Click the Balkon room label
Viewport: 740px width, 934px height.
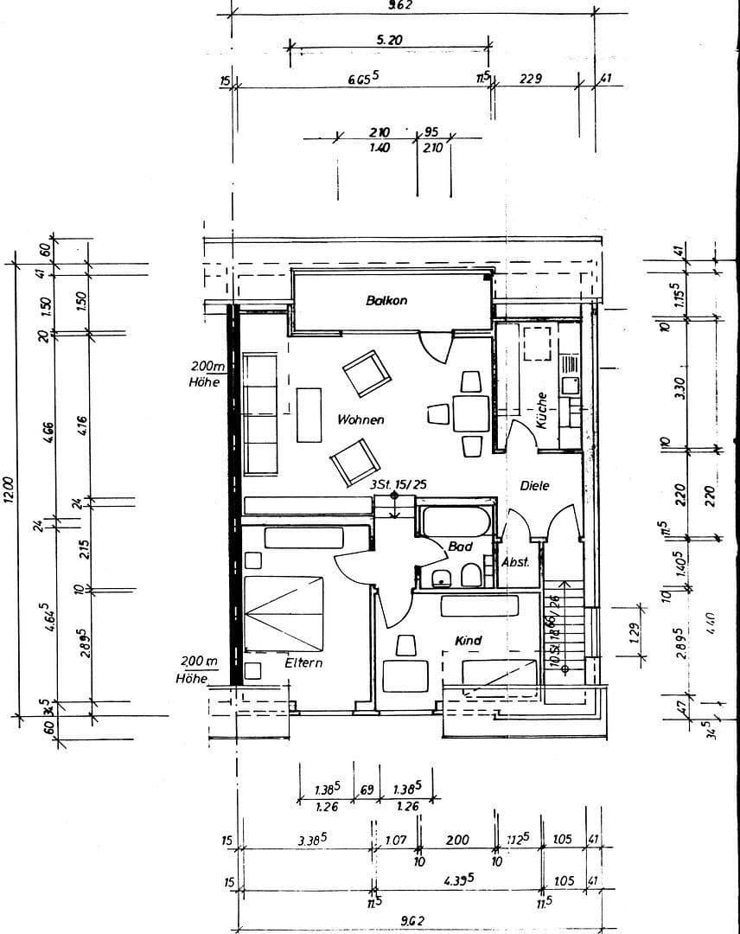386,301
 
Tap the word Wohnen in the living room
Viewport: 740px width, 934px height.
360,419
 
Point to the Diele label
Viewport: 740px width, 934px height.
534,486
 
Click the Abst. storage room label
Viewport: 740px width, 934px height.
515,562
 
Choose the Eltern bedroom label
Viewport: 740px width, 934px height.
303,663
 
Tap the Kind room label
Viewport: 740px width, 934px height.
468,641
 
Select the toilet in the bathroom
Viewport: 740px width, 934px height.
472,576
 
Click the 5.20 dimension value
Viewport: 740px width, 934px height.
390,40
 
